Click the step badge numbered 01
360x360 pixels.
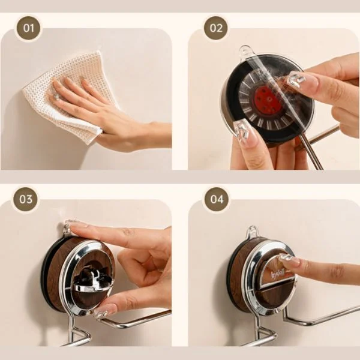(x=28, y=28)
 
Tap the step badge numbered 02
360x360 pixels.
(x=216, y=28)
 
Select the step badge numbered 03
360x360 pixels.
(x=26, y=199)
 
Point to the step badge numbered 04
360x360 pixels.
(x=217, y=199)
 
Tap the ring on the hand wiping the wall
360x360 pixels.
(x=55, y=97)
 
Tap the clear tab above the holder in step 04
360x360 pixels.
(x=253, y=232)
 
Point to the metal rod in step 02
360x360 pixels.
(x=319, y=142)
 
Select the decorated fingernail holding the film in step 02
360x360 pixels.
(x=297, y=79)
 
